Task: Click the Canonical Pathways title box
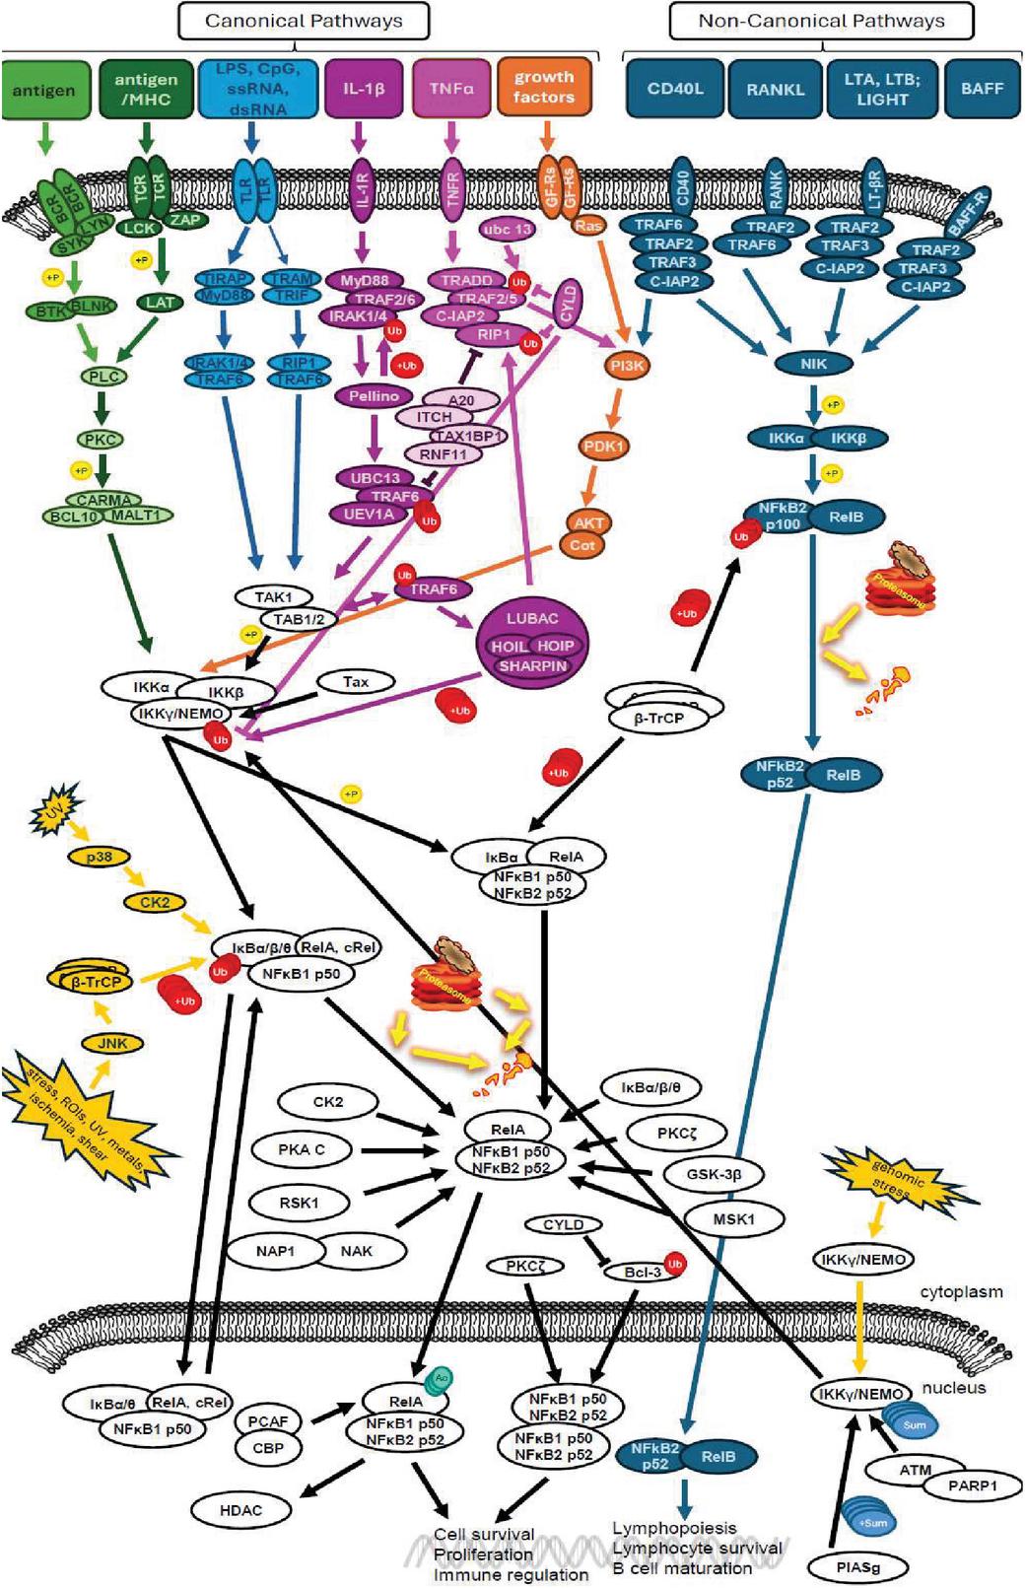pyautogui.click(x=304, y=21)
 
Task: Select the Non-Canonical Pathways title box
pyautogui.click(x=820, y=21)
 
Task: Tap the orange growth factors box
pyautogui.click(x=543, y=87)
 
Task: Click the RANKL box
pyautogui.click(x=775, y=89)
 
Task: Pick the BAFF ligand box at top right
pyautogui.click(x=982, y=89)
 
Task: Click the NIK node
pyautogui.click(x=813, y=364)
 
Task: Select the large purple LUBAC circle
pyautogui.click(x=532, y=644)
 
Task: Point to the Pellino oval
pyautogui.click(x=374, y=396)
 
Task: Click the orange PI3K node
pyautogui.click(x=627, y=366)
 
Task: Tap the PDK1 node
pyautogui.click(x=603, y=446)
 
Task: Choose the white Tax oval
pyautogui.click(x=356, y=681)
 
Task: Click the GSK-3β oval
pyautogui.click(x=714, y=1174)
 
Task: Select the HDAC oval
pyautogui.click(x=240, y=1509)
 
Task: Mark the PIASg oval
pyautogui.click(x=857, y=1566)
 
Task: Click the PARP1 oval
pyautogui.click(x=972, y=1485)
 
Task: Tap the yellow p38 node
pyautogui.click(x=99, y=857)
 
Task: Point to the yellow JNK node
pyautogui.click(x=113, y=1043)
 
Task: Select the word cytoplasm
pyautogui.click(x=961, y=1291)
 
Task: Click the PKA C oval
pyautogui.click(x=301, y=1149)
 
